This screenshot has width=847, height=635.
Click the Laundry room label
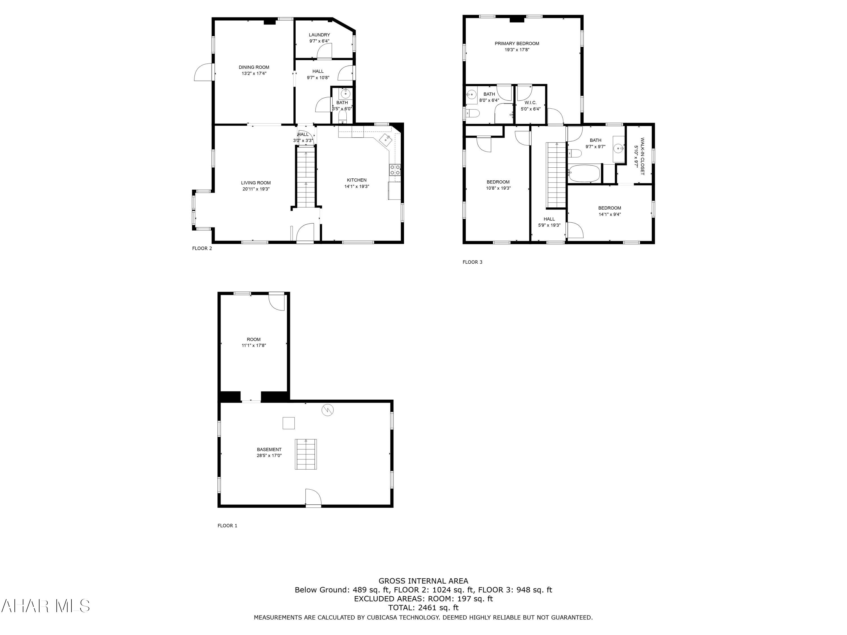tap(319, 35)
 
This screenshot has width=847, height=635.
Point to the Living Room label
tap(256, 183)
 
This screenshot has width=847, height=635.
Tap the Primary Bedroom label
tap(517, 44)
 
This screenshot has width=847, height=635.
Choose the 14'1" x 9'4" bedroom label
tap(610, 211)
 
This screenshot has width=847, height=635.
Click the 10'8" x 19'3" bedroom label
tap(498, 185)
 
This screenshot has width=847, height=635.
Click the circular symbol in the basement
tap(328, 410)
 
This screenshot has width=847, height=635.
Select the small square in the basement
tap(289, 423)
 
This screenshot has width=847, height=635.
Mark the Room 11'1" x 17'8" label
tap(254, 342)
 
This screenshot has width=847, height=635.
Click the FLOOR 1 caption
tap(228, 525)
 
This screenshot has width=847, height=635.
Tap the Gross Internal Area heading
tap(423, 581)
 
